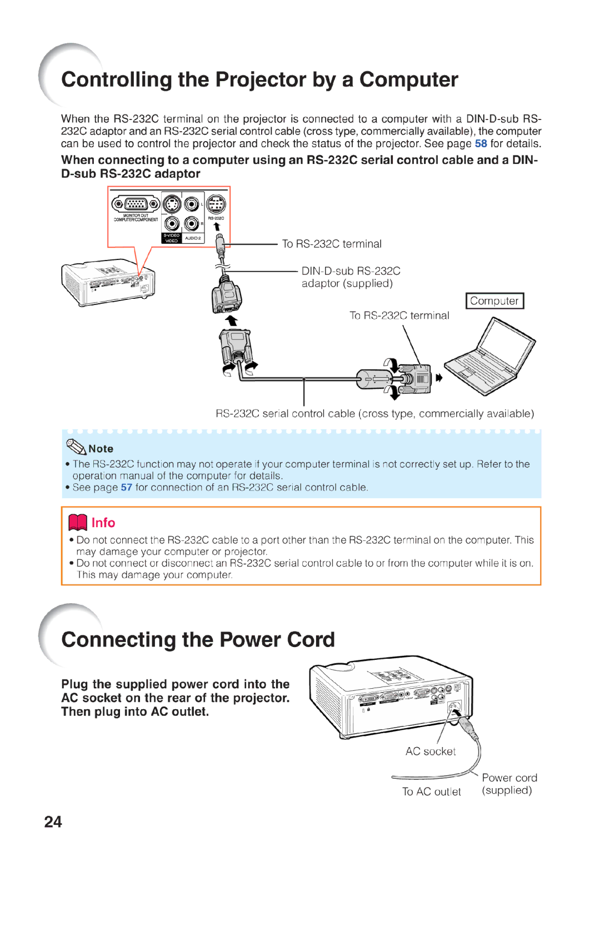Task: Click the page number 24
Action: coord(53,821)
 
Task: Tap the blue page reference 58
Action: coord(481,143)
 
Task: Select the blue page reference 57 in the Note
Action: coord(126,487)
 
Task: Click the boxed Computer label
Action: coord(494,301)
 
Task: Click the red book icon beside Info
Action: coord(78,522)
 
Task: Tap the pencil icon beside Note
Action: coord(76,447)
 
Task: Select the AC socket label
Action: coord(430,751)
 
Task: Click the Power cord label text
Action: coord(509,778)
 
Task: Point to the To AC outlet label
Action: coord(431,791)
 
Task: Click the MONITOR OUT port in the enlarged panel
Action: coord(136,204)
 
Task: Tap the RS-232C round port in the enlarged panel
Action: coord(216,204)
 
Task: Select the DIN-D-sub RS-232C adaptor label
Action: coord(350,277)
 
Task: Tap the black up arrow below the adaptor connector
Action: coord(232,320)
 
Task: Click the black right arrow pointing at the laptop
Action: coord(439,378)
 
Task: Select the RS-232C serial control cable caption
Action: coord(374,413)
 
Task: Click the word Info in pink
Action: coord(103,523)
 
